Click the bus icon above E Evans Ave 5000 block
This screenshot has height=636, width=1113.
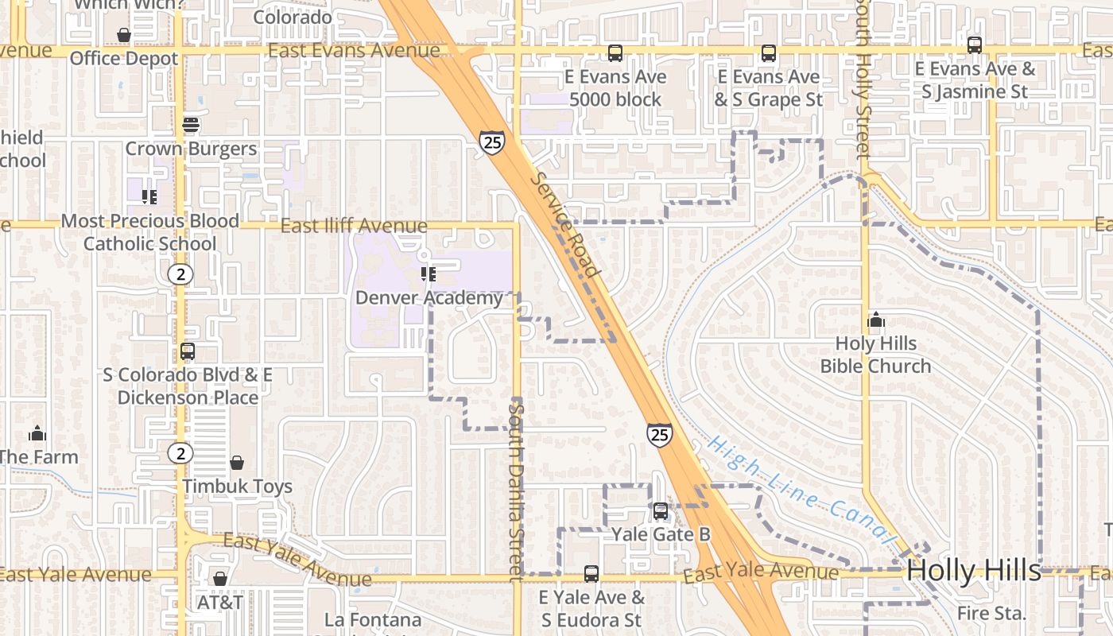coord(615,53)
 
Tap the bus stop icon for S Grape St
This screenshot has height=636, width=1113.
coord(769,53)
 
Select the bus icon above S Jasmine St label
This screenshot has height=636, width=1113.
coord(975,45)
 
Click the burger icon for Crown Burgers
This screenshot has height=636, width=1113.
coord(190,125)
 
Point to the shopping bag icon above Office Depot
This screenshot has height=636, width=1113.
coord(124,35)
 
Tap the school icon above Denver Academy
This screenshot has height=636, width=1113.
coord(429,274)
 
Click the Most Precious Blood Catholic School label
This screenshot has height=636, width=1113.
coord(149,232)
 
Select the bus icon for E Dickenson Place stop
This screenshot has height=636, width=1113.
coord(188,351)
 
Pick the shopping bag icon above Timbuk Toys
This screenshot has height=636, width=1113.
coord(237,463)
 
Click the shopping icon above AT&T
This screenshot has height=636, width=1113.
coord(220,579)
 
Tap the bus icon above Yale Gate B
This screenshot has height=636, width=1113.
coord(661,511)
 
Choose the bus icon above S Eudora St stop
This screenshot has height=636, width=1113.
coord(591,573)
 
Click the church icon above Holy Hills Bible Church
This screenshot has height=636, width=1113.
coord(876,320)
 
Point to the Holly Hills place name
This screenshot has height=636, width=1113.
coord(974,570)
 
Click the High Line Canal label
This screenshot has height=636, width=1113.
coord(801,488)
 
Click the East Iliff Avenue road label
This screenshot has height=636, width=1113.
coord(354,226)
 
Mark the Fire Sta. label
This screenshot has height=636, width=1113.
coord(991,613)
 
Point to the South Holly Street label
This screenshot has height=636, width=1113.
coord(864,79)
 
